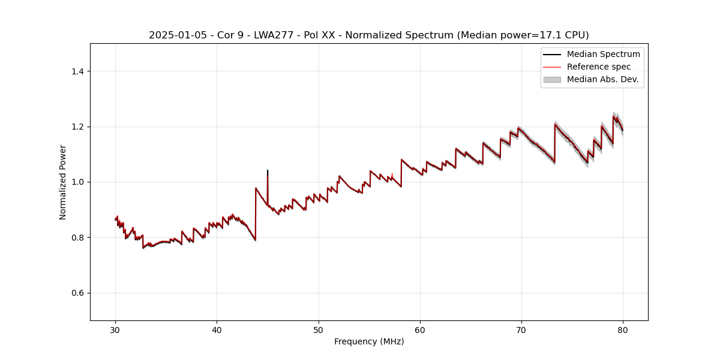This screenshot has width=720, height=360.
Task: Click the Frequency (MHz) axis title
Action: [369, 341]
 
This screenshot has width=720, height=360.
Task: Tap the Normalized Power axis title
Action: [63, 182]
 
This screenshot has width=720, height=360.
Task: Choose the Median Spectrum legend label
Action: [603, 54]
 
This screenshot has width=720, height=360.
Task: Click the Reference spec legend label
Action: [599, 67]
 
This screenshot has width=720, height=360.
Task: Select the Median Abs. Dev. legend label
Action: [602, 79]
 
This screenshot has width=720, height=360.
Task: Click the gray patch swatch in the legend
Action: [552, 79]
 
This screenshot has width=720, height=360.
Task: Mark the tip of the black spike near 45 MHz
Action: [268, 170]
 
